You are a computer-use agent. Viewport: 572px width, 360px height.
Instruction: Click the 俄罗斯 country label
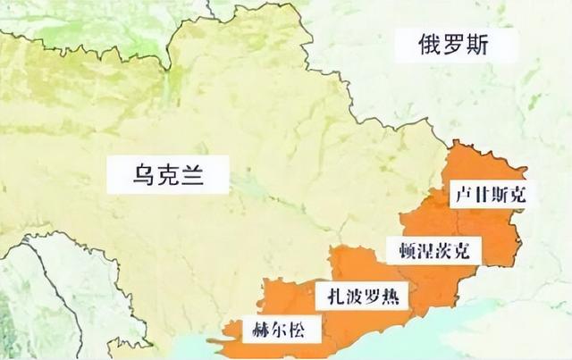(x=451, y=46)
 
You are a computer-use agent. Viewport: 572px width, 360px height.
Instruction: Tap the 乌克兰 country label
(x=166, y=172)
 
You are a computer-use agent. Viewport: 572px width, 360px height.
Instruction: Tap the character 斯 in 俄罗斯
(x=480, y=46)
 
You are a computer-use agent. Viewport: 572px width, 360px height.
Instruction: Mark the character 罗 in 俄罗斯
(x=451, y=46)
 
